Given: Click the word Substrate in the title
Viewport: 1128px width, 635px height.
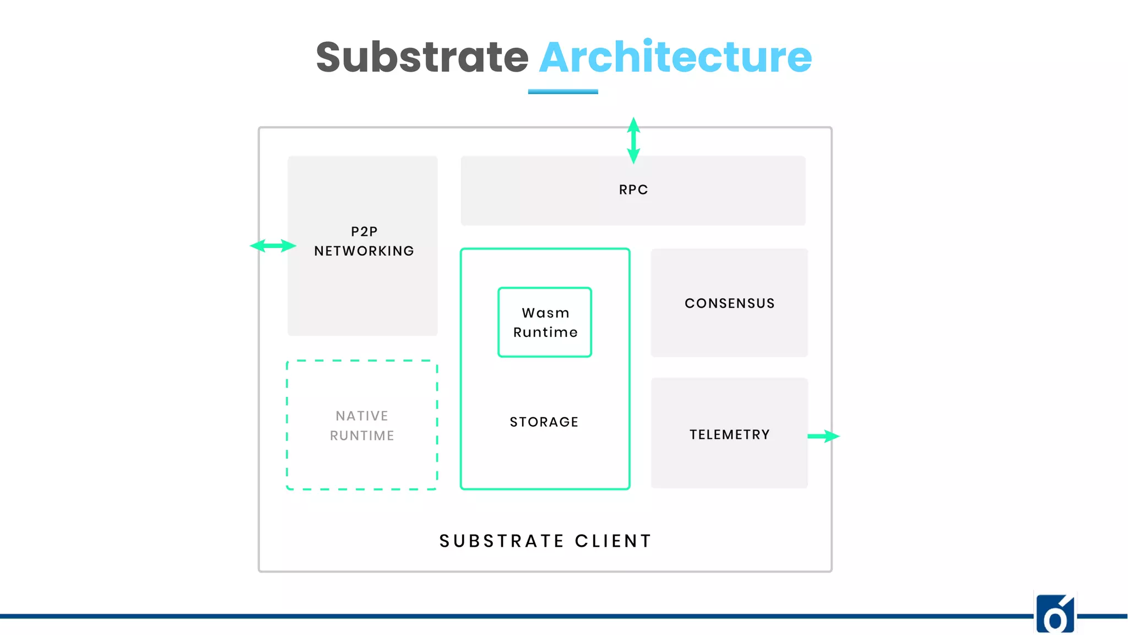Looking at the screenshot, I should tap(422, 57).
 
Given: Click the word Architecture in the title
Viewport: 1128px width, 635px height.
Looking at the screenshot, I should tap(675, 57).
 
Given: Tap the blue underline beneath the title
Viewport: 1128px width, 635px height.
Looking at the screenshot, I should tap(563, 92).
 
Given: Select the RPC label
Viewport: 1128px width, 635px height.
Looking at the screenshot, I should tap(633, 190).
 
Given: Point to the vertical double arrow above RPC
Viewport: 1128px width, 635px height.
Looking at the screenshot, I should tap(633, 141).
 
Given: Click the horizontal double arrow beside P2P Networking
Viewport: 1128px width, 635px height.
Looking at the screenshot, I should tap(273, 246).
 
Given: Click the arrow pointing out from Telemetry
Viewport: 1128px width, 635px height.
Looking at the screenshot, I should tap(824, 436).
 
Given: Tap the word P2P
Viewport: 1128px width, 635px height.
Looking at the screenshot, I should tap(364, 232).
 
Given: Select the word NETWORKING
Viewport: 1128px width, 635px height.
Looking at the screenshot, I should tap(364, 251).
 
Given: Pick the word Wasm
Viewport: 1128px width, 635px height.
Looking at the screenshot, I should tap(545, 313).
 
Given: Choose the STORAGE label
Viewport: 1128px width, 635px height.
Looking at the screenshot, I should tap(544, 422).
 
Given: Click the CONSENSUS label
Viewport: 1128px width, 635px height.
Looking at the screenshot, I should tap(730, 303).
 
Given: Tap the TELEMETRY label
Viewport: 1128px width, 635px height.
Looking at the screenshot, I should tap(730, 435).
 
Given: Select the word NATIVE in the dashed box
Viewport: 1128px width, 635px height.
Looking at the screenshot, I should tap(362, 416).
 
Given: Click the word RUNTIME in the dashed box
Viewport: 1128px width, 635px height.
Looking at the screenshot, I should tap(362, 436).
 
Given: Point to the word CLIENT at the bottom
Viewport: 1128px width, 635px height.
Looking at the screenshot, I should tap(614, 541).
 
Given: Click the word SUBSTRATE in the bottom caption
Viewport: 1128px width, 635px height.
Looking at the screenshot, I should tap(502, 541).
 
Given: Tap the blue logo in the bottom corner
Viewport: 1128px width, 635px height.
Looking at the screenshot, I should tap(1055, 614).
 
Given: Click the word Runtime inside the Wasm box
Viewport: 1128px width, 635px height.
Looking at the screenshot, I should tap(545, 332).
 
